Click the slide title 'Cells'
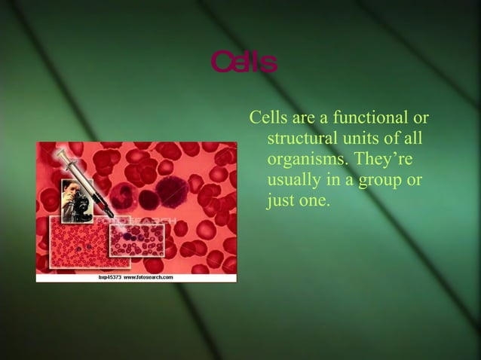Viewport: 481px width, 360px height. click(244, 63)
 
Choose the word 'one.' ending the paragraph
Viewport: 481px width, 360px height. click(314, 202)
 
